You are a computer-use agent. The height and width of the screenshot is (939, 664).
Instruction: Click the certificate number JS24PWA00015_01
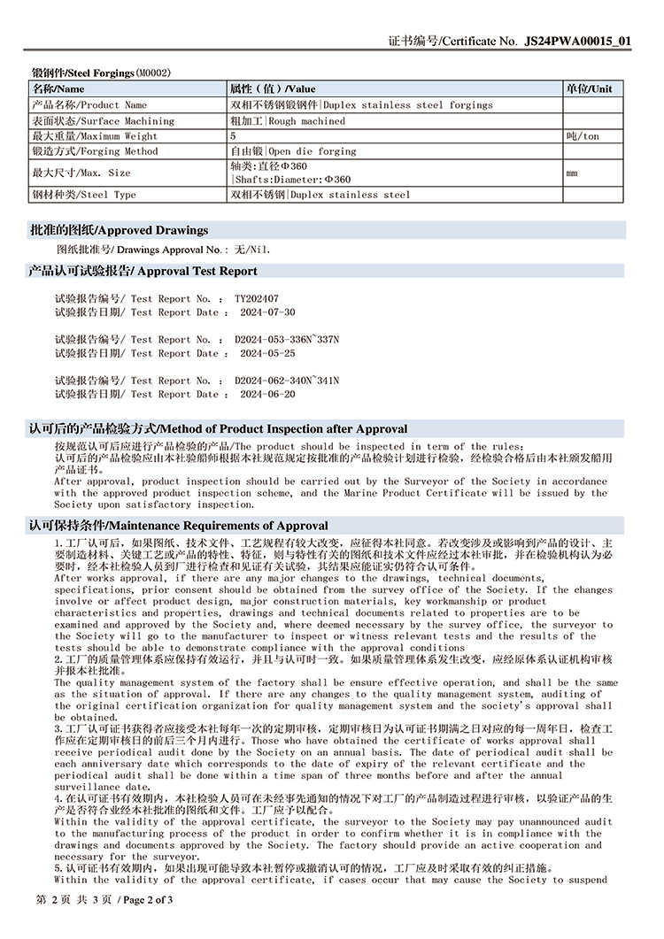tap(578, 41)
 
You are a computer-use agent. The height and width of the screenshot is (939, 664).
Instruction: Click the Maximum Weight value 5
tap(233, 136)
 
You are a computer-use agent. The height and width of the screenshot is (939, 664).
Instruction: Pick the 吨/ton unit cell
tap(582, 136)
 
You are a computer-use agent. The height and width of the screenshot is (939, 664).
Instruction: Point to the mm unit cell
tap(572, 173)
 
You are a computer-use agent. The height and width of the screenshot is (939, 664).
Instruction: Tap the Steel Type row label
tap(84, 194)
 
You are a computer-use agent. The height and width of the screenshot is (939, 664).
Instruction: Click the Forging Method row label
tap(95, 151)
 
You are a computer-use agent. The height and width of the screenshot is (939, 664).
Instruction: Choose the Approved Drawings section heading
tap(120, 230)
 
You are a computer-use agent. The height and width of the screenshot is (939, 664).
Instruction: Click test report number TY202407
tap(257, 299)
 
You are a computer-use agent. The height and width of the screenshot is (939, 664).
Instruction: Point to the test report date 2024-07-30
tap(267, 312)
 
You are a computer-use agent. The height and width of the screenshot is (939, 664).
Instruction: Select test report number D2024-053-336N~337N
tap(287, 340)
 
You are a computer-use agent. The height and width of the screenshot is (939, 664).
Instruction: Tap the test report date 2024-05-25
tap(267, 353)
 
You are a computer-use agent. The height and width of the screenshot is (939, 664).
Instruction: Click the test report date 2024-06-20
tap(267, 394)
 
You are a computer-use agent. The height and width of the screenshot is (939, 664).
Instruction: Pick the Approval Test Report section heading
tap(143, 271)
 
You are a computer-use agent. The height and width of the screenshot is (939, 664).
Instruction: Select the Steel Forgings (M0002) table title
tap(101, 73)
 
